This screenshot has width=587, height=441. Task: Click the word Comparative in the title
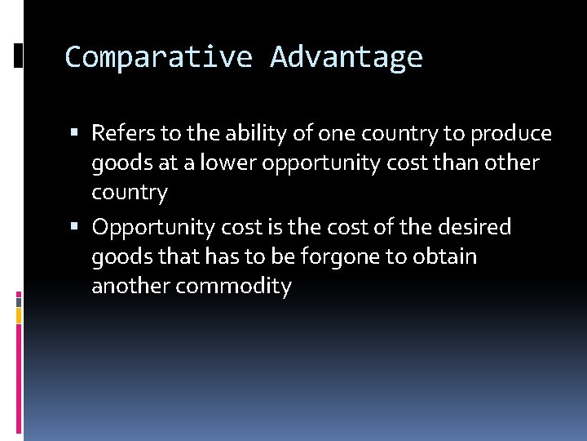158,57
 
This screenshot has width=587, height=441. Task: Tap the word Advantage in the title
346,57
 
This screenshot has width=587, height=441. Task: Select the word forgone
340,257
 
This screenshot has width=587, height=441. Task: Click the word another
130,287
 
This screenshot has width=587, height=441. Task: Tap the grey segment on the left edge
19,301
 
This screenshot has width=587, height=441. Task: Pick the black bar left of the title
18,55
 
